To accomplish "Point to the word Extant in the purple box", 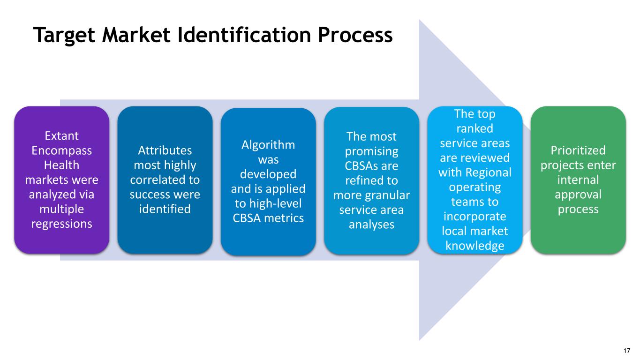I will (x=61, y=136).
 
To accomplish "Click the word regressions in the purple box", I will (x=61, y=224).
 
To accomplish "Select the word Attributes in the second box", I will (x=165, y=150).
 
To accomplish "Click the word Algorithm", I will (x=268, y=145).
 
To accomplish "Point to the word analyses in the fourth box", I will (x=371, y=225).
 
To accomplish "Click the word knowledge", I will (x=474, y=245).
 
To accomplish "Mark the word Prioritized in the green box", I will (x=578, y=150).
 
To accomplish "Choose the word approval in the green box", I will (x=578, y=194).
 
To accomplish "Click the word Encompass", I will (x=61, y=151).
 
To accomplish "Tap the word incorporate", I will (x=474, y=216).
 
